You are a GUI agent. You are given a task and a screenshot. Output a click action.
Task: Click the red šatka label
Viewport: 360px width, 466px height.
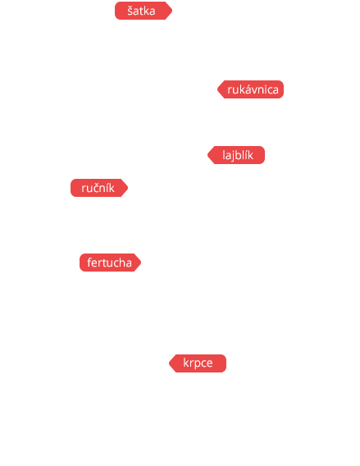click(144, 11)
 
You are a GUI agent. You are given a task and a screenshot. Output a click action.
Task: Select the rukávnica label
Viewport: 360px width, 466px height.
click(250, 89)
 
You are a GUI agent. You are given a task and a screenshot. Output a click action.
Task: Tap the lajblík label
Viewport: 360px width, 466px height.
click(236, 155)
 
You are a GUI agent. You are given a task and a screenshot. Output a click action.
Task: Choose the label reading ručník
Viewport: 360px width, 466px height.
click(99, 188)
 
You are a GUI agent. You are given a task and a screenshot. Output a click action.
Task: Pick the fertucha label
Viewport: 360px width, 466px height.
click(110, 263)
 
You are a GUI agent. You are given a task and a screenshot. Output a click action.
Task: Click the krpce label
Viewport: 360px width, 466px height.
click(198, 363)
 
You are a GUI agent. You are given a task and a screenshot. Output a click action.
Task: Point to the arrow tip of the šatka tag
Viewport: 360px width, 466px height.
click(172, 11)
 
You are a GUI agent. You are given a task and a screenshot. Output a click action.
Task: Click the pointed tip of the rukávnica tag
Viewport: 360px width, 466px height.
click(217, 89)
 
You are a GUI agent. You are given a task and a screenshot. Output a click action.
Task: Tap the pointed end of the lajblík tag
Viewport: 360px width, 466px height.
click(207, 155)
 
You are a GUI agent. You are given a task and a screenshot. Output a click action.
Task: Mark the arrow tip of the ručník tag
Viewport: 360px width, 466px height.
click(128, 188)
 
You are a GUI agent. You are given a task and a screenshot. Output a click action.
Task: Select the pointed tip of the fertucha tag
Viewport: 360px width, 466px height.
click(141, 263)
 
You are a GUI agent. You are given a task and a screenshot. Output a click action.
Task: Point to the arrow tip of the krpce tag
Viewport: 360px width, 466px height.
click(169, 363)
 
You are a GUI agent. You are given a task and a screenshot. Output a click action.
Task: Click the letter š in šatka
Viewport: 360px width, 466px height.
click(130, 11)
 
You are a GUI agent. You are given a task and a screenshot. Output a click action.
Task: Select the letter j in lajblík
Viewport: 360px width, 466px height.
click(230, 156)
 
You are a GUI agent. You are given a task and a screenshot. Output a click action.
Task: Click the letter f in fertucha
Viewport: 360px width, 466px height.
click(89, 263)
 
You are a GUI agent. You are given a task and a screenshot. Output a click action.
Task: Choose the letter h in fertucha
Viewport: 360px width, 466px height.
click(122, 263)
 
